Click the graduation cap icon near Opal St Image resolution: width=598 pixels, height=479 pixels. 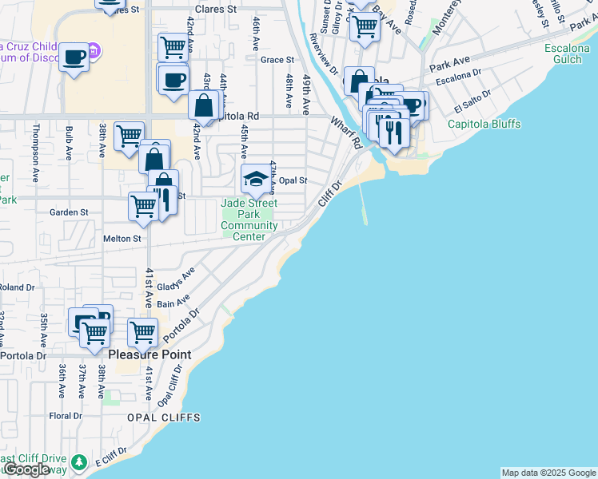pos(256,179)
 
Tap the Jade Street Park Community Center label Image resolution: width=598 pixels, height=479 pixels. pos(249,214)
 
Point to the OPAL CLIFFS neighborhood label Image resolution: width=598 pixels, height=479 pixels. pos(163,418)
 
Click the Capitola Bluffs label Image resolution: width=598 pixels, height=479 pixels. pos(484,124)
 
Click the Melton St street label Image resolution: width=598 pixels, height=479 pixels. pos(122,238)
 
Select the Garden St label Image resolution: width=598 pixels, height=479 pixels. pos(69,212)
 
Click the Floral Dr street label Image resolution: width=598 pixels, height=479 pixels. pos(66,416)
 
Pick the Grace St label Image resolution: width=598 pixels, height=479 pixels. pos(277,60)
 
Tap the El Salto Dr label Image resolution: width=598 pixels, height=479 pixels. pos(469,104)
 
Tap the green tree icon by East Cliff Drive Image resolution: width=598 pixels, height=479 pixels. pos(78,461)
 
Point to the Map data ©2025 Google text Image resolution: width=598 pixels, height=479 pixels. pos(548,473)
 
